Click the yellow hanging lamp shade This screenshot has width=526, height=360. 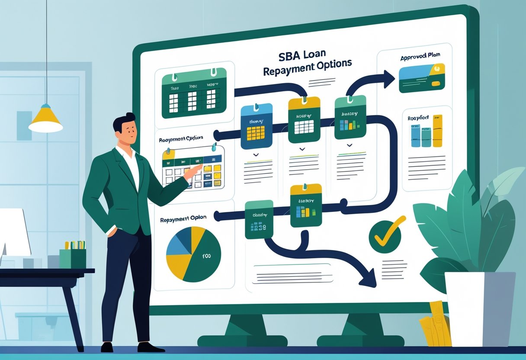45,120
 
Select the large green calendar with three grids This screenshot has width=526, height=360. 194,93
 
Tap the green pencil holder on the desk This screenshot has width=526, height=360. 73,258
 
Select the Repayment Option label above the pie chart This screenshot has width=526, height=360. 183,219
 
